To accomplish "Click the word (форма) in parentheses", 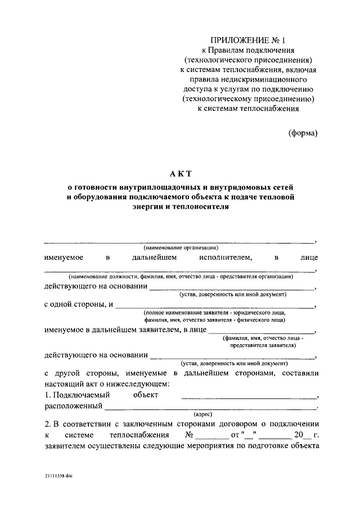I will pos(303,133).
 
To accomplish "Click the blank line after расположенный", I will pos(210,407).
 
